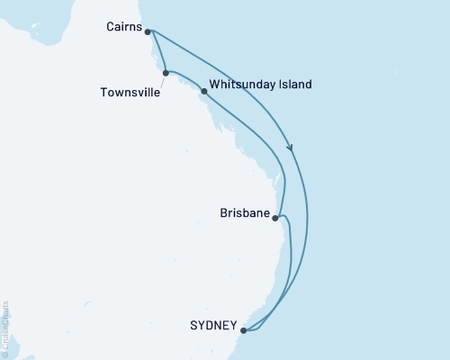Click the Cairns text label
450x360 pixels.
[x=123, y=28]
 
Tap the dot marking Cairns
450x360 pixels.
[x=148, y=31]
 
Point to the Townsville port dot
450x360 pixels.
[x=166, y=73]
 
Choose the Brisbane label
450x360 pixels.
[x=244, y=214]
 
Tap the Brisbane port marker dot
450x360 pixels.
[x=274, y=217]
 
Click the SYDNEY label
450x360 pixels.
[x=215, y=325]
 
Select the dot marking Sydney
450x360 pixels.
[x=243, y=330]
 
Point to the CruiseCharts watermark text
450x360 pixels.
[x=4, y=329]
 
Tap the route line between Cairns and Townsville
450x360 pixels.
[x=157, y=52]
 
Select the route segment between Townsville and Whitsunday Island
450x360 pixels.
[x=184, y=76]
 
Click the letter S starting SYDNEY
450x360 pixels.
[x=195, y=325]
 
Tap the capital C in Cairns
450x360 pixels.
[x=110, y=28]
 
